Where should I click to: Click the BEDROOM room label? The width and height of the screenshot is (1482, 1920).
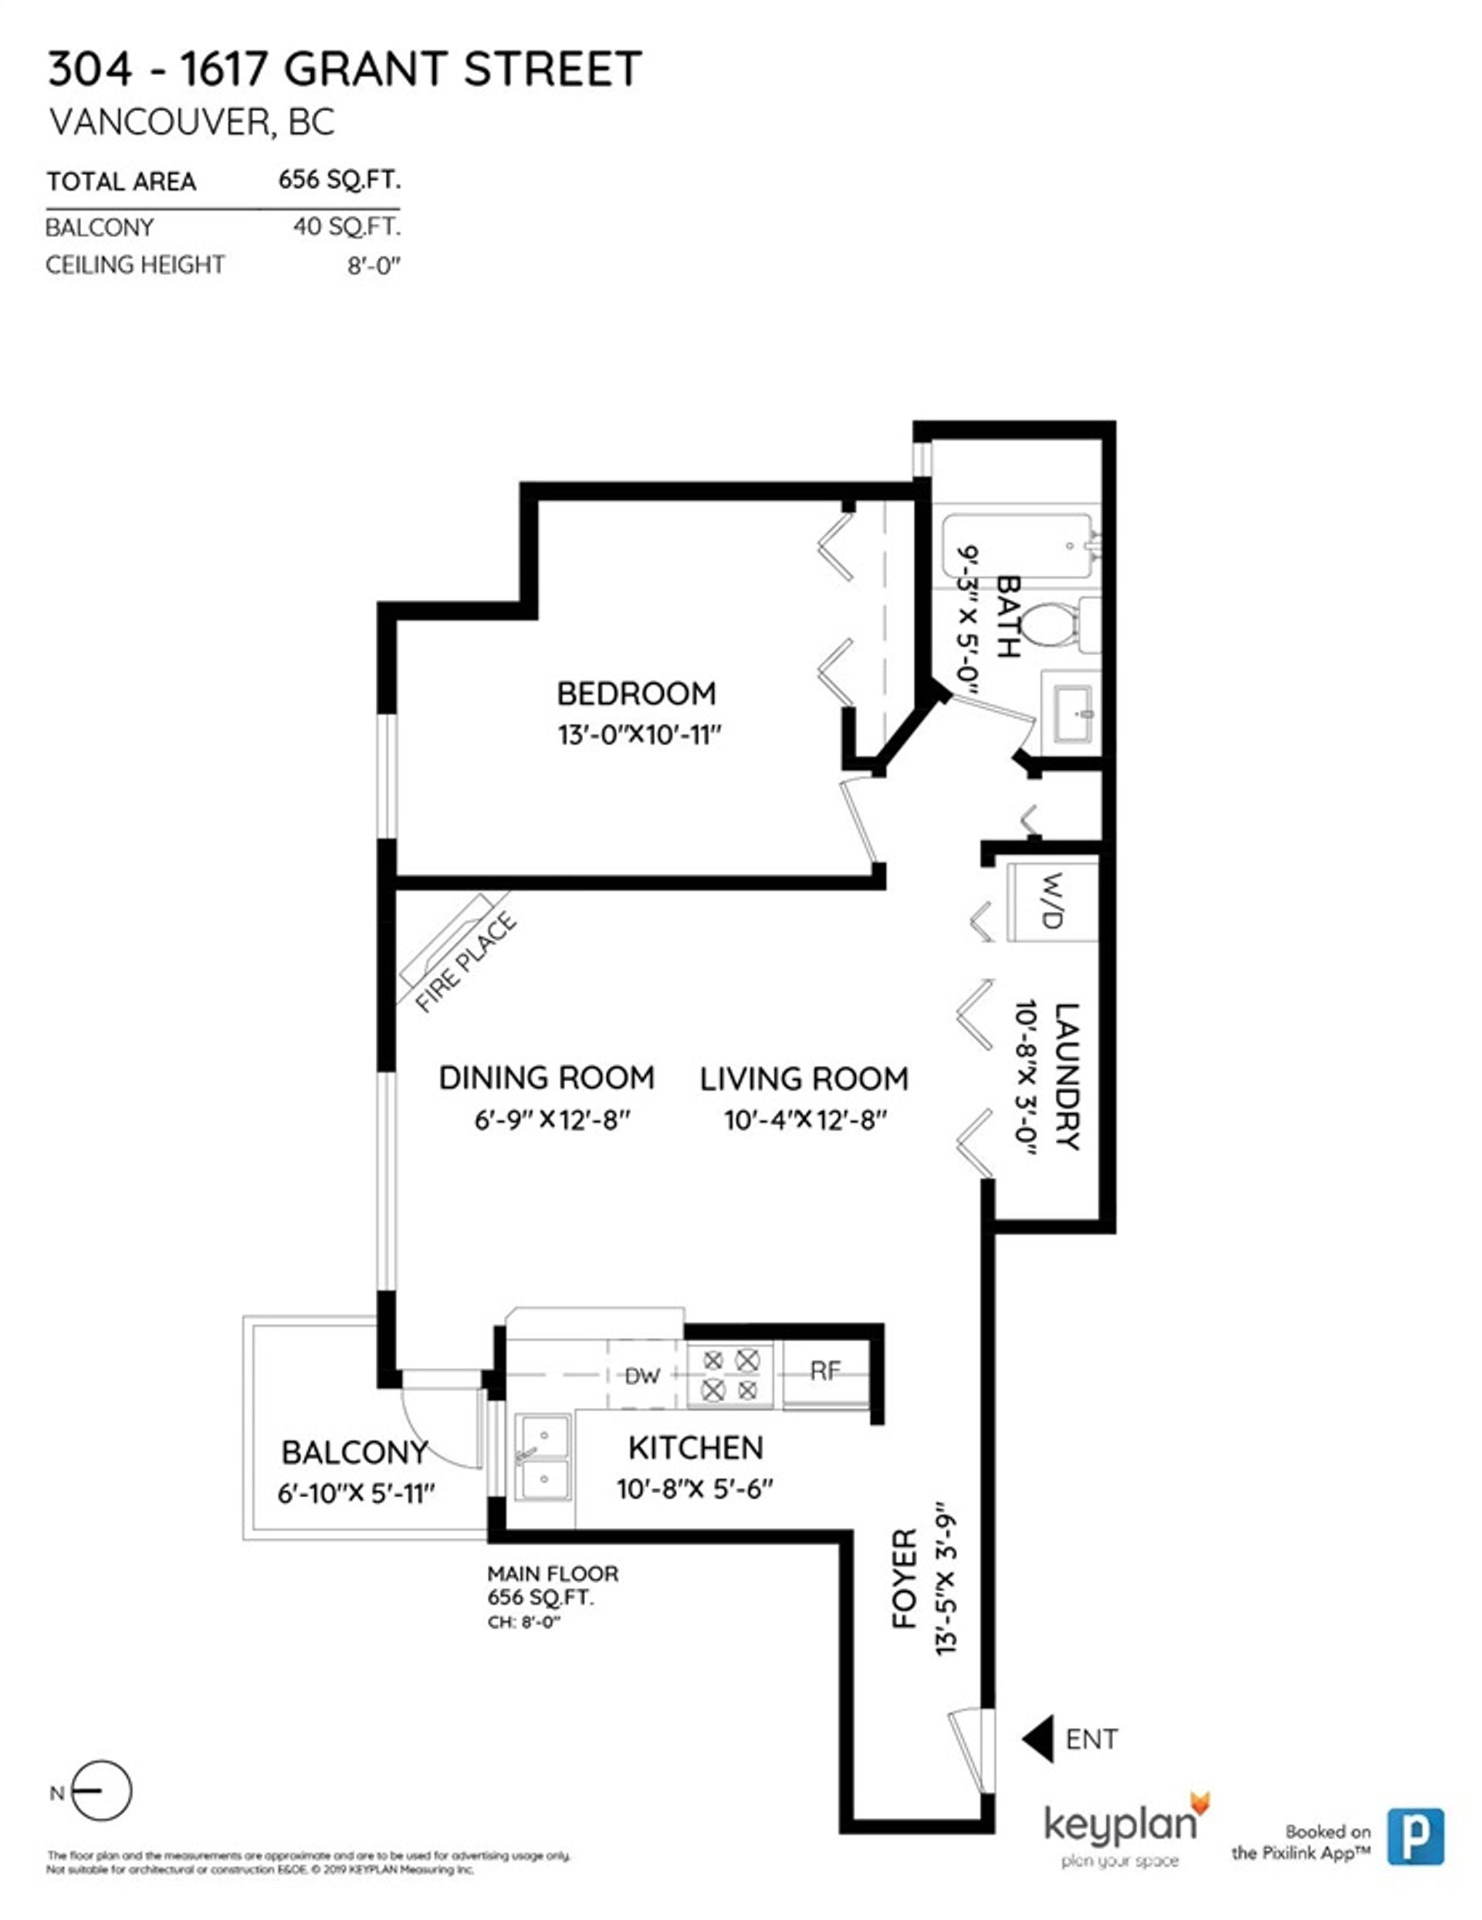[635, 693]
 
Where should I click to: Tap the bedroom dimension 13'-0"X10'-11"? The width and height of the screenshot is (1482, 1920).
[639, 735]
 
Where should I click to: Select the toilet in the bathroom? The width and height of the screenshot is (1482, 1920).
[1051, 625]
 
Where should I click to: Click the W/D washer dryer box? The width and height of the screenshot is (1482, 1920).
[1052, 901]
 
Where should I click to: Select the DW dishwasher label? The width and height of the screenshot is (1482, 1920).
[641, 1377]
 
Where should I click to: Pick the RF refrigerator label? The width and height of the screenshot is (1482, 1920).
[824, 1370]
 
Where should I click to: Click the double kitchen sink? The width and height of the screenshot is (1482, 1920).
[543, 1458]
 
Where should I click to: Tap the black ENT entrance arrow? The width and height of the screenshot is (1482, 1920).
[1039, 1739]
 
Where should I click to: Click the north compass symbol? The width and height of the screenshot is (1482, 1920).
[100, 1793]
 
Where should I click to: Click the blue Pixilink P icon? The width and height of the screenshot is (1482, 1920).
[1415, 1836]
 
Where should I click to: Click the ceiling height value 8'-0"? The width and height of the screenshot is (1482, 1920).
[374, 266]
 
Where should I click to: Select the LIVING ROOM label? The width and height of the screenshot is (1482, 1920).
[804, 1079]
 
